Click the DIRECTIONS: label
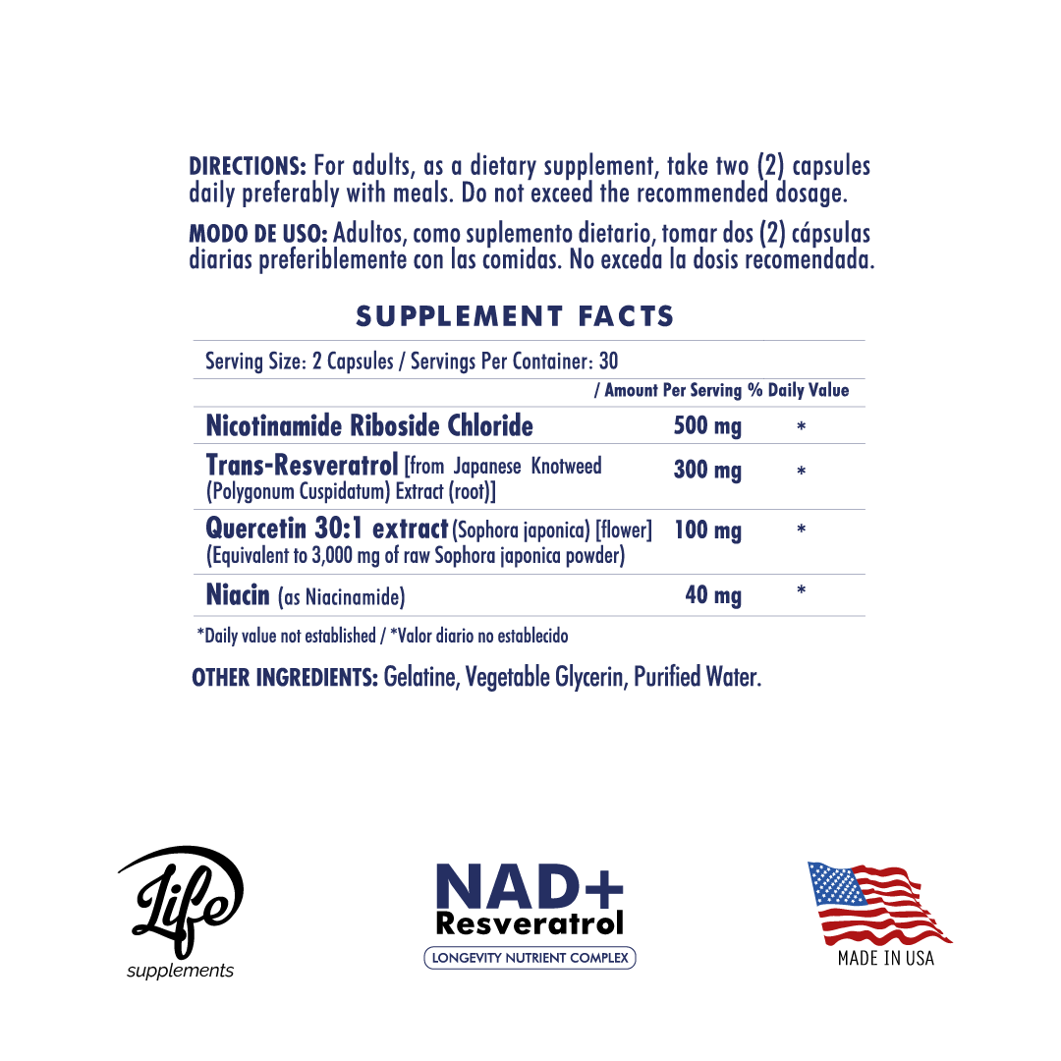click(248, 166)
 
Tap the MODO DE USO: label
click(258, 235)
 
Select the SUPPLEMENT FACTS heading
click(515, 316)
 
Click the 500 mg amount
click(707, 426)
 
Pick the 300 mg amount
click(707, 471)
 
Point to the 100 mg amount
click(707, 531)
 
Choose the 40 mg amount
click(713, 595)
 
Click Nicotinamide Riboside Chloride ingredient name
click(369, 426)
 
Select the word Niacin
click(238, 594)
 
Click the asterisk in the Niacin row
click(802, 591)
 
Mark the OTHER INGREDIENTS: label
click(285, 678)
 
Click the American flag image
click(877, 902)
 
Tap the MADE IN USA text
click(885, 958)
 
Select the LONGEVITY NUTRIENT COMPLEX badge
click(530, 958)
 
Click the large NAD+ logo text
click(530, 886)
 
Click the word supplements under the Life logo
click(181, 971)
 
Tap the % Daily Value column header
click(798, 390)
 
